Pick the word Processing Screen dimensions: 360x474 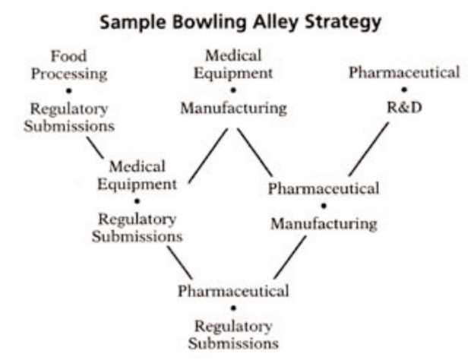point(68,74)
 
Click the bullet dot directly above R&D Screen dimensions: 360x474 point(404,90)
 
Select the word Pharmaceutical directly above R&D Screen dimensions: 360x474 point(404,73)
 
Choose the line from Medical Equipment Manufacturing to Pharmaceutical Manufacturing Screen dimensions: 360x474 point(254,152)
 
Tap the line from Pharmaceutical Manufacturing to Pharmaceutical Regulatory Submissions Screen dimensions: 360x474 point(289,257)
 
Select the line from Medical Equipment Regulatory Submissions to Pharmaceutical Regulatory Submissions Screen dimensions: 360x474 point(180,263)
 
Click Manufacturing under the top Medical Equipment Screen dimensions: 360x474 point(233,109)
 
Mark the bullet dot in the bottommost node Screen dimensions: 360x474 point(233,308)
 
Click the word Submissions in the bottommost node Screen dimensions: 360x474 point(233,343)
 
